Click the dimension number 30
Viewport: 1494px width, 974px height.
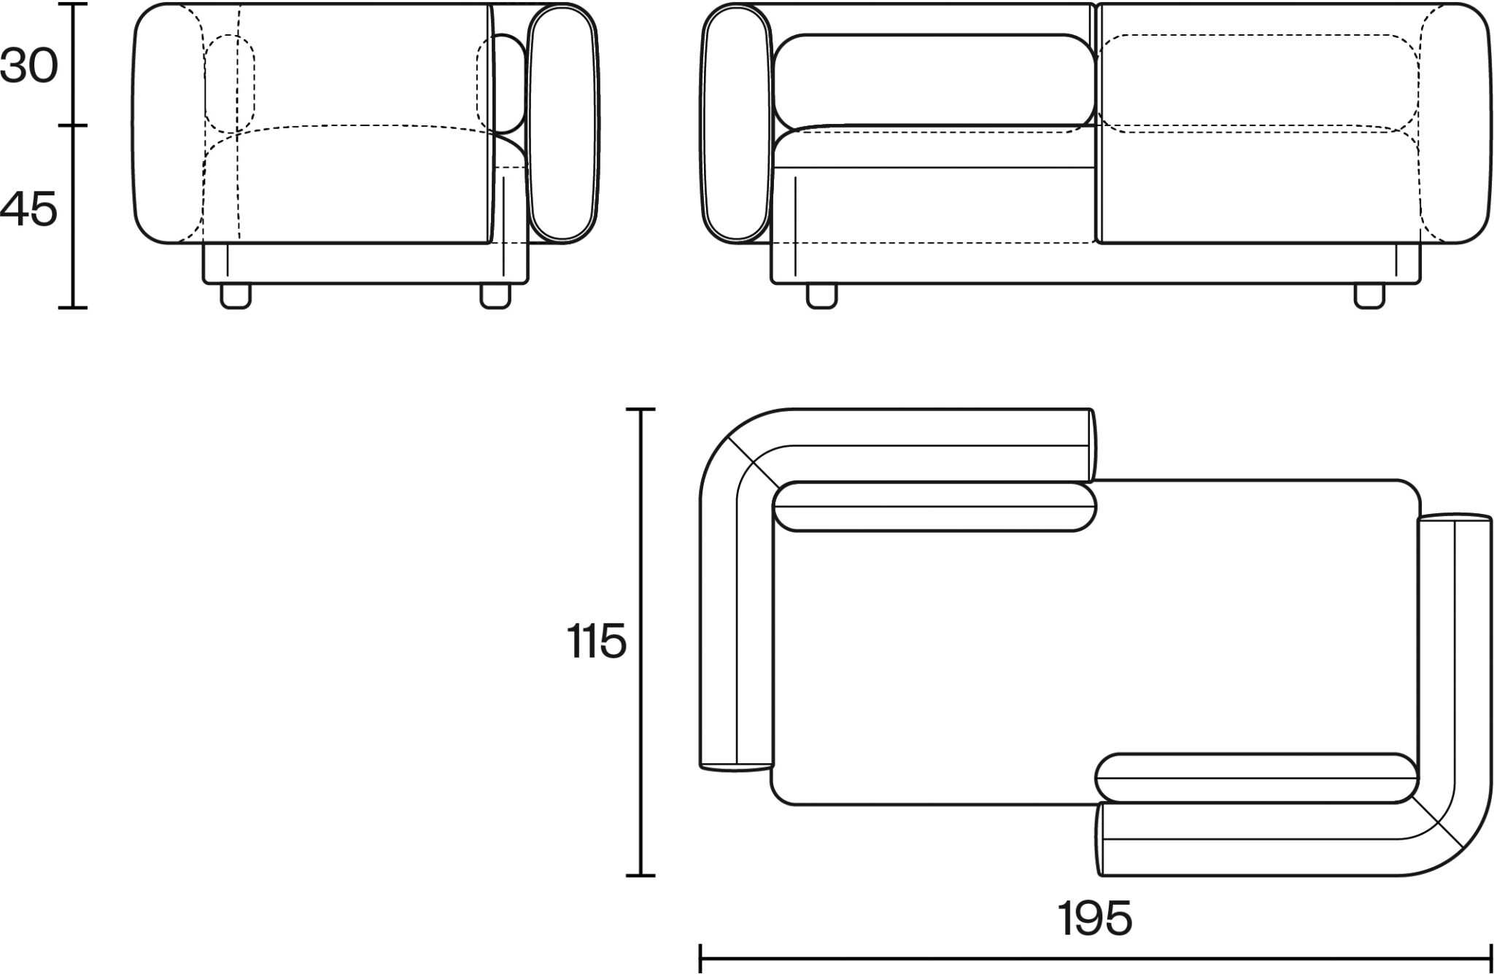click(28, 67)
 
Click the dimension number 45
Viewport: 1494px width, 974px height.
click(28, 210)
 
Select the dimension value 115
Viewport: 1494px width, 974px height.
click(596, 642)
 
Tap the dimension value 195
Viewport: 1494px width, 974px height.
click(1095, 919)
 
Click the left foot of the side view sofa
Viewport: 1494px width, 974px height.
click(236, 295)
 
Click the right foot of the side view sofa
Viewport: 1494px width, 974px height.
click(495, 295)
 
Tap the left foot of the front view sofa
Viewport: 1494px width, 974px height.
click(821, 295)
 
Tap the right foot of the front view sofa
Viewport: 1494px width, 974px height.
click(1369, 295)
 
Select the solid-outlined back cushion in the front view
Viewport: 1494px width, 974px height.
click(934, 79)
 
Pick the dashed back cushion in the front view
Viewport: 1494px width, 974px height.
click(1258, 82)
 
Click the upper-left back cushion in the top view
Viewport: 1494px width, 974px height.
click(934, 506)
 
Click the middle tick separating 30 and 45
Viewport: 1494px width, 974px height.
click(73, 125)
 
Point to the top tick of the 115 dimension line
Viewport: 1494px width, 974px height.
click(640, 410)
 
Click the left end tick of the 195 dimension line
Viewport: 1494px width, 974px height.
click(700, 958)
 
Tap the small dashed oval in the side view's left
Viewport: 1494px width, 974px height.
click(230, 82)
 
